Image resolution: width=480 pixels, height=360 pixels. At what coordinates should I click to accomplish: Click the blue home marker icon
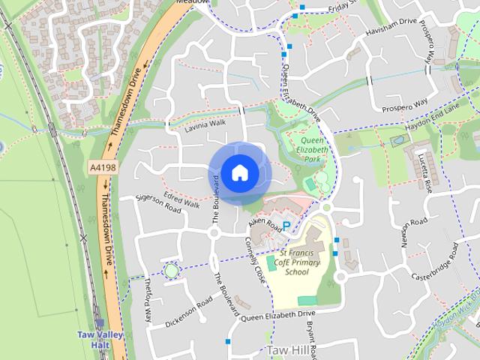pyautogui.click(x=238, y=173)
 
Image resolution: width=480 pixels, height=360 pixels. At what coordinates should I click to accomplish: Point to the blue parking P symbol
pyautogui.click(x=286, y=226)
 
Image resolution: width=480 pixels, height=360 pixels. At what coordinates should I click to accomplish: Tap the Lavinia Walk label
pyautogui.click(x=205, y=126)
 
